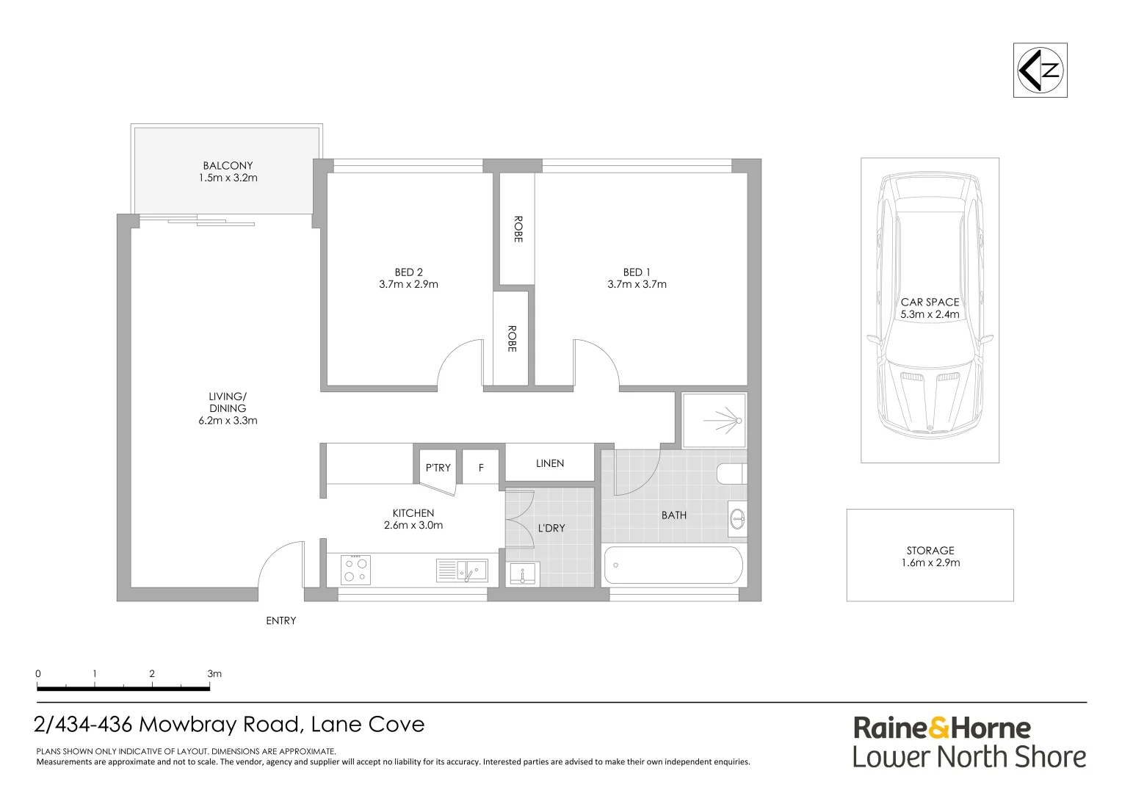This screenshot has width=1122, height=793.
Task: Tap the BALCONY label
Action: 228,165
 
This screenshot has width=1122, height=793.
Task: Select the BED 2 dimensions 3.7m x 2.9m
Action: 409,285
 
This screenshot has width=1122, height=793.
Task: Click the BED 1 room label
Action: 637,272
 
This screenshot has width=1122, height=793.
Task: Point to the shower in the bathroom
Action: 714,420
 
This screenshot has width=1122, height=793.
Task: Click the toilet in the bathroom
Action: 732,474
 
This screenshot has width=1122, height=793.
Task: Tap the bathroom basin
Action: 737,519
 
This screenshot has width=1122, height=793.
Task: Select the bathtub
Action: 673,565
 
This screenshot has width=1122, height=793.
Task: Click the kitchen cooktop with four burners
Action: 355,570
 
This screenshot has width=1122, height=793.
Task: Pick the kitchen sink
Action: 462,571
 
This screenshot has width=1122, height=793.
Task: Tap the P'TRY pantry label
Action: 438,468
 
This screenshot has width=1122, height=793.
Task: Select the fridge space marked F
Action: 481,468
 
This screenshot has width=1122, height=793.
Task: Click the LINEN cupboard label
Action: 550,463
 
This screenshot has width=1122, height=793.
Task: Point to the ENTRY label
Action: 281,620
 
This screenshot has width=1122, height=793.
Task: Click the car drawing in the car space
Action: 930,306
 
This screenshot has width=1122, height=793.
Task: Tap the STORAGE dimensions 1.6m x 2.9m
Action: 930,562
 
